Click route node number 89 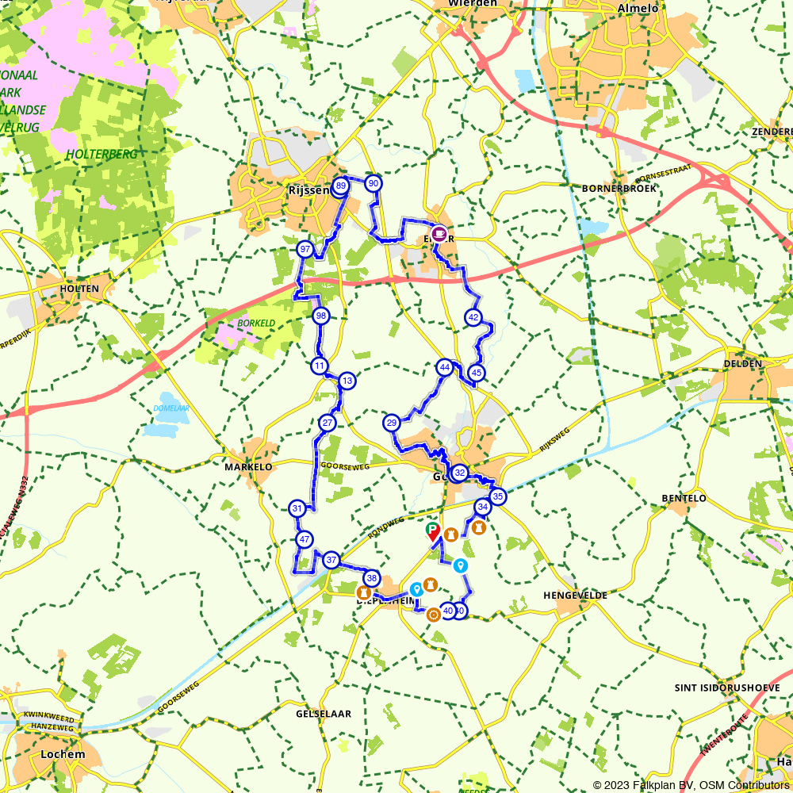[x=340, y=186]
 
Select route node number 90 [x=374, y=184]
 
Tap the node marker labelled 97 [x=305, y=250]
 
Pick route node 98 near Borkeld [x=320, y=316]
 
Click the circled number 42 [x=473, y=318]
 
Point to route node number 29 [x=391, y=423]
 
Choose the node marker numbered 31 [x=297, y=508]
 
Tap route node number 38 [x=371, y=578]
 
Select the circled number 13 [x=347, y=381]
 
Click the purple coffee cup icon [x=438, y=232]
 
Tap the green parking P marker [x=432, y=529]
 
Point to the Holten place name [x=79, y=289]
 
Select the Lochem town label [x=60, y=754]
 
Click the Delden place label [x=742, y=363]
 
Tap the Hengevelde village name [x=575, y=595]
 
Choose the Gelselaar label [x=323, y=714]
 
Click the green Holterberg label [x=102, y=154]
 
